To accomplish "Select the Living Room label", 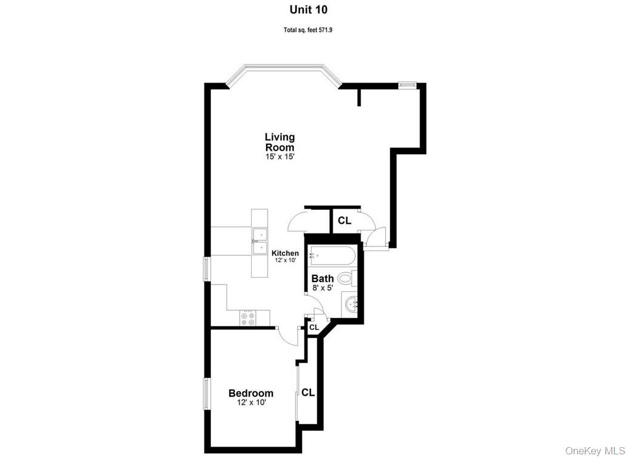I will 280,142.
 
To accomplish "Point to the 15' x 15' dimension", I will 280,157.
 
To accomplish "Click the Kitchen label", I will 284,253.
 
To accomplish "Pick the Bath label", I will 323,278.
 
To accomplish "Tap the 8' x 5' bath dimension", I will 323,288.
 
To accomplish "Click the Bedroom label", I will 250,393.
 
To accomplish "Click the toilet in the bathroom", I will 345,279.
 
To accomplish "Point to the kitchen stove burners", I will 247,317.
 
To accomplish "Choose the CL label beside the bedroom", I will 308,392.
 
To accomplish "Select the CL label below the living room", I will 344,221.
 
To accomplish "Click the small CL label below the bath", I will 313,328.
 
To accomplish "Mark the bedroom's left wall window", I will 206,393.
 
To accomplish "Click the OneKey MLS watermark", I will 595,450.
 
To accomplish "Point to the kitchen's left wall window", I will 206,269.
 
